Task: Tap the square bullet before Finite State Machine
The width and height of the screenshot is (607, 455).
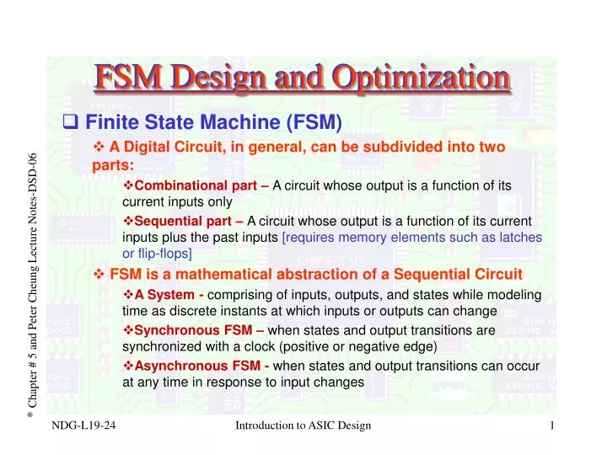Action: (72, 124)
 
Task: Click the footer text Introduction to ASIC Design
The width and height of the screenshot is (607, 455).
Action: (303, 426)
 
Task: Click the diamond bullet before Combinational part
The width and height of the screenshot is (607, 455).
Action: (128, 185)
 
